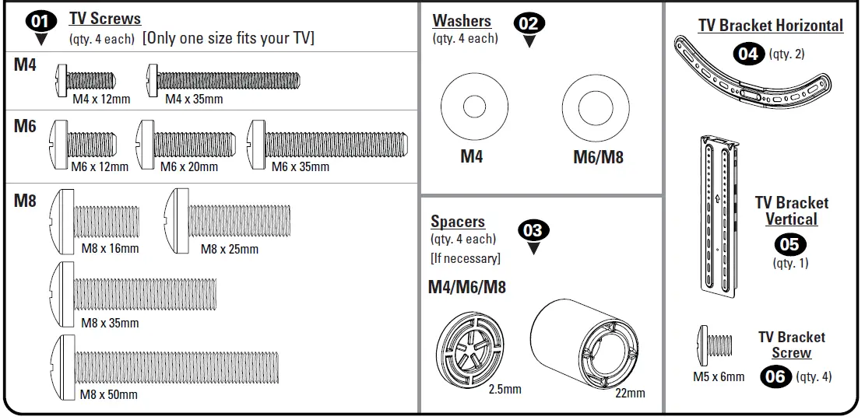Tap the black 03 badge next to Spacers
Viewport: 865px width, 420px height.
(533, 231)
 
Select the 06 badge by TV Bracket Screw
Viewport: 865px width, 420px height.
(775, 377)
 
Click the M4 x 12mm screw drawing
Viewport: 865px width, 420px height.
(86, 79)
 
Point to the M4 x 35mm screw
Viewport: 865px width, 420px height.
(223, 79)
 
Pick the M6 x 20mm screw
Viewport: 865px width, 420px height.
(185, 143)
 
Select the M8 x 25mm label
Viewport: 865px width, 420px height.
(230, 249)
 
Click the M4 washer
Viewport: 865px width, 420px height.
(474, 107)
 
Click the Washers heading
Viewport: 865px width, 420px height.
(462, 21)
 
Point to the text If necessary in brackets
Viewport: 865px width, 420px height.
(465, 257)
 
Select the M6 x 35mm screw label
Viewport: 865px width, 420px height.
(300, 166)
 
